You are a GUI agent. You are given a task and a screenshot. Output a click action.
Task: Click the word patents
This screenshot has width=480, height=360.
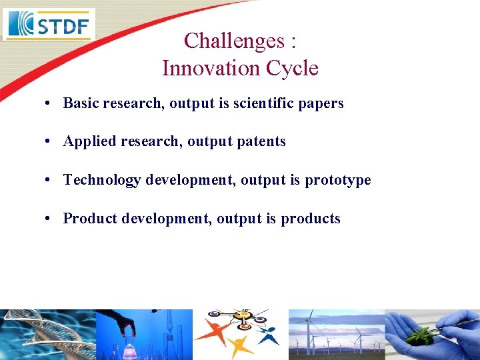[x=261, y=141]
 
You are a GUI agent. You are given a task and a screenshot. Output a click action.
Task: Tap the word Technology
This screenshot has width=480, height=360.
[x=101, y=180]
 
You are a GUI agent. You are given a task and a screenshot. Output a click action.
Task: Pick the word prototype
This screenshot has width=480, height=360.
[x=338, y=180]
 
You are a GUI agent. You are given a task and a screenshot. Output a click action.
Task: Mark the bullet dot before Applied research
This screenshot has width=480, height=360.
[x=49, y=141]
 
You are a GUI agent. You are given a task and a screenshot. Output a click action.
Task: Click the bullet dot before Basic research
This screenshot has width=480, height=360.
[x=49, y=103]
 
